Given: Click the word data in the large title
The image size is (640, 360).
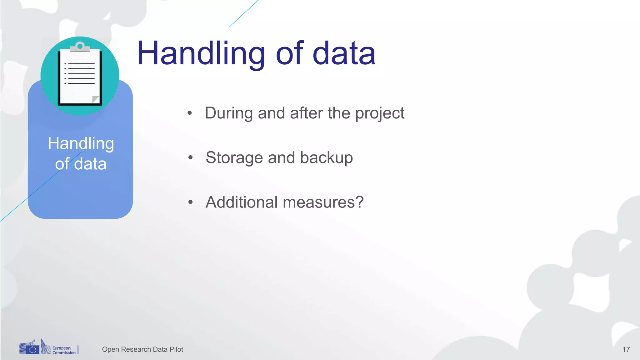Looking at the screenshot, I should coord(344,54).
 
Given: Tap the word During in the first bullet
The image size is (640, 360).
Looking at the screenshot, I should coord(228,113).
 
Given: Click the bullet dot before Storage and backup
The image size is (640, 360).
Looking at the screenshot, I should coord(190,158).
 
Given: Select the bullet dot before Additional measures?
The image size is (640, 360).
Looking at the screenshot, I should coord(190,202).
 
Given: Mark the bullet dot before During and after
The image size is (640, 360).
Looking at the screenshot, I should coord(190,113).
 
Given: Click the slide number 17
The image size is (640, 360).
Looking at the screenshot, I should coord(626,349).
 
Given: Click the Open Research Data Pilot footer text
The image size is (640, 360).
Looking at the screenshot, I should coord(142,349).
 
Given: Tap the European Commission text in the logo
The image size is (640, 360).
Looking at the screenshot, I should coord(63,350).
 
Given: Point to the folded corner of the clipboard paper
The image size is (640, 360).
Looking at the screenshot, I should coord(96,99).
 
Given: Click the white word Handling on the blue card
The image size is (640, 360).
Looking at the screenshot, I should coord(81,143).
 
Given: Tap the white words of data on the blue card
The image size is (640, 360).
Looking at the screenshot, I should coord(81,164).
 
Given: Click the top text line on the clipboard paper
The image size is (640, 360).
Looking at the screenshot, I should coord(81,64).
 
